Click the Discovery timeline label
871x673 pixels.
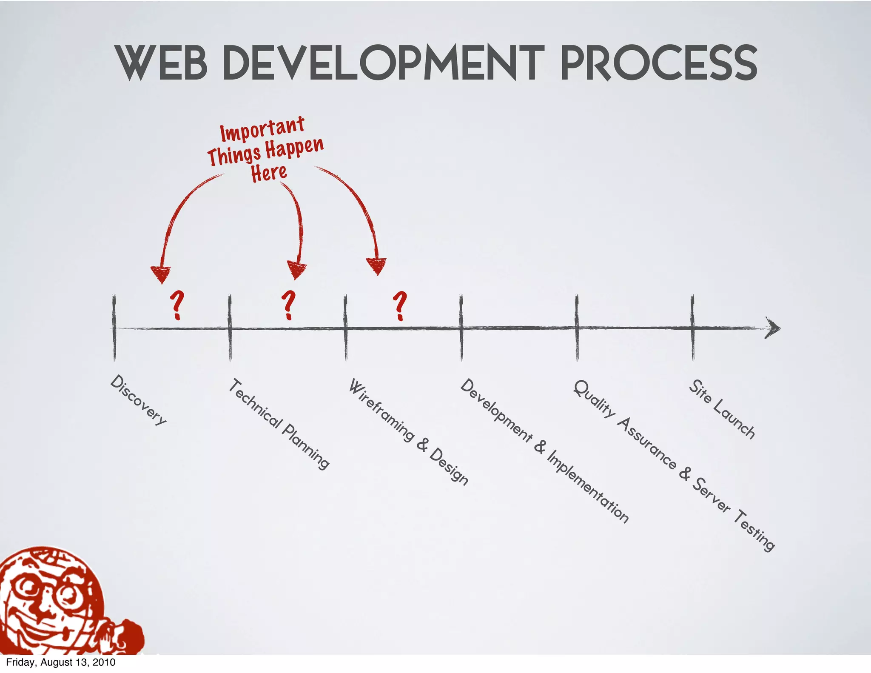click(139, 400)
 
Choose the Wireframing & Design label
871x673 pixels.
click(408, 432)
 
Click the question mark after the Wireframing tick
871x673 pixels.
click(400, 305)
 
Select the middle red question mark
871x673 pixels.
click(289, 305)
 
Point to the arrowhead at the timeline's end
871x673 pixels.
click(773, 328)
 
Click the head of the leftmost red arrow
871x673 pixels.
click(161, 274)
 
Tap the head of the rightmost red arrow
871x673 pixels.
click(377, 266)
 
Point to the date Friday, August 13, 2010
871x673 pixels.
click(61, 662)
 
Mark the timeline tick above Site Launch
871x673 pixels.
click(692, 328)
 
